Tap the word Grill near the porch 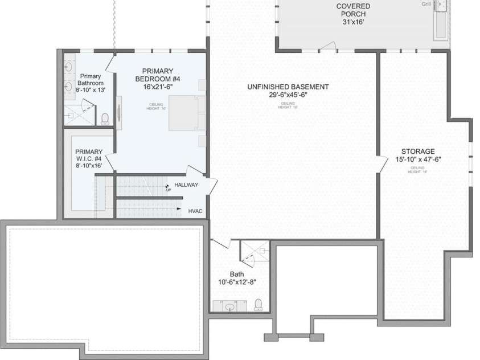point(426,4)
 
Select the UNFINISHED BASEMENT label point(288,87)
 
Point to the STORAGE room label point(419,152)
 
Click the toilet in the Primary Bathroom point(105,119)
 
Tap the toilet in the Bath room point(258,305)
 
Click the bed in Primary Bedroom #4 point(185,113)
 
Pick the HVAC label point(195,211)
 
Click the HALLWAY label point(186,185)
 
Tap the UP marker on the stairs point(168,189)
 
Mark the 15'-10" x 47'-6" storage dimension point(419,159)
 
